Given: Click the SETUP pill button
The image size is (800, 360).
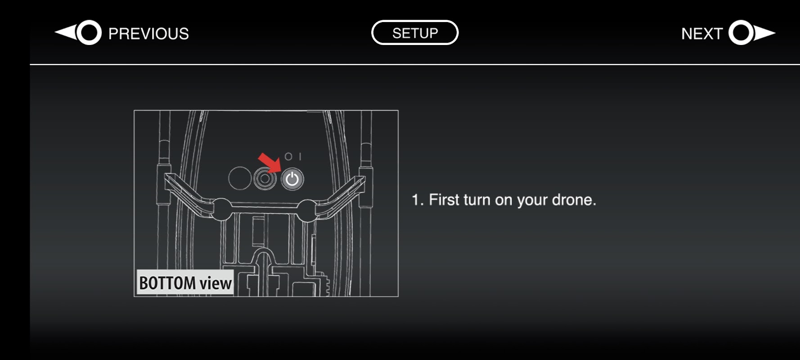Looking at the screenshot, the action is pyautogui.click(x=415, y=33).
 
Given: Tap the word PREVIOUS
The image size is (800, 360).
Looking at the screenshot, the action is pyautogui.click(x=148, y=34).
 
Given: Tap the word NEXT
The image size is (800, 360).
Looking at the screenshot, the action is pyautogui.click(x=701, y=34).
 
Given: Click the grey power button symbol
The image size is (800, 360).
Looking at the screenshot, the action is pyautogui.click(x=292, y=179).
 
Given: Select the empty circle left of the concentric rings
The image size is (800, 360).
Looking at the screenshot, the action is pyautogui.click(x=239, y=178).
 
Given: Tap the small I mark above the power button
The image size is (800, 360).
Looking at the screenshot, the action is pyautogui.click(x=300, y=156).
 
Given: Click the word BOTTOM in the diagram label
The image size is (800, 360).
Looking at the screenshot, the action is pyautogui.click(x=167, y=283).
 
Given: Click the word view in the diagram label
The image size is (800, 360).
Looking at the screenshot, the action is pyautogui.click(x=216, y=283).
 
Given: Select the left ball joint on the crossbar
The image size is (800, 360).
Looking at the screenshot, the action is pyautogui.click(x=220, y=209).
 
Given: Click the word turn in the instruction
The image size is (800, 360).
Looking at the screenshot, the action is pyautogui.click(x=477, y=200).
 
